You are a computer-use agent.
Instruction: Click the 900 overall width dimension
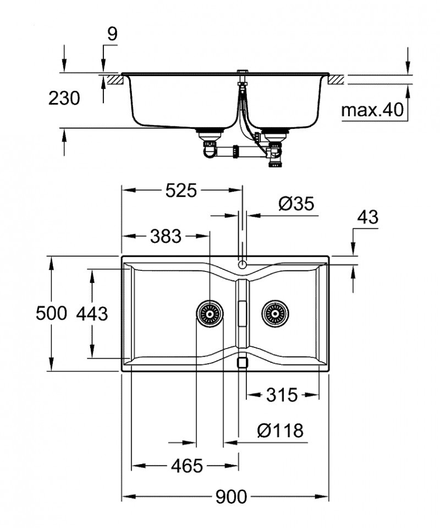click(x=231, y=497)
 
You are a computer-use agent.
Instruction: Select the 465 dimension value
click(x=186, y=466)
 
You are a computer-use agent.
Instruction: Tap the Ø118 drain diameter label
click(x=280, y=430)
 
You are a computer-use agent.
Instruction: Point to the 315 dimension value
click(x=282, y=395)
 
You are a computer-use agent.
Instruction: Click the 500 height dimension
click(x=51, y=313)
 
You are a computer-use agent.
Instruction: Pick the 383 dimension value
click(x=165, y=236)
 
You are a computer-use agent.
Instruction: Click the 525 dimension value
click(x=181, y=190)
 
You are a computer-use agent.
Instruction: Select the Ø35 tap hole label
click(x=295, y=204)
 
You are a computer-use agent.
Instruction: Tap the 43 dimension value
click(x=367, y=217)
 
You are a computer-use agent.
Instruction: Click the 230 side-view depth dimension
click(x=64, y=99)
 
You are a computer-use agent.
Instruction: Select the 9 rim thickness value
click(x=112, y=34)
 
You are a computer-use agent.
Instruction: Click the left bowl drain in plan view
click(x=210, y=313)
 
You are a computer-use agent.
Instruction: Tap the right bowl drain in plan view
click(x=274, y=313)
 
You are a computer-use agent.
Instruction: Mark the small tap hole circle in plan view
click(x=242, y=264)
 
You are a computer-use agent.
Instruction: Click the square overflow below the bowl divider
click(x=242, y=362)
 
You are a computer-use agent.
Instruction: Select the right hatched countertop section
click(x=336, y=80)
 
